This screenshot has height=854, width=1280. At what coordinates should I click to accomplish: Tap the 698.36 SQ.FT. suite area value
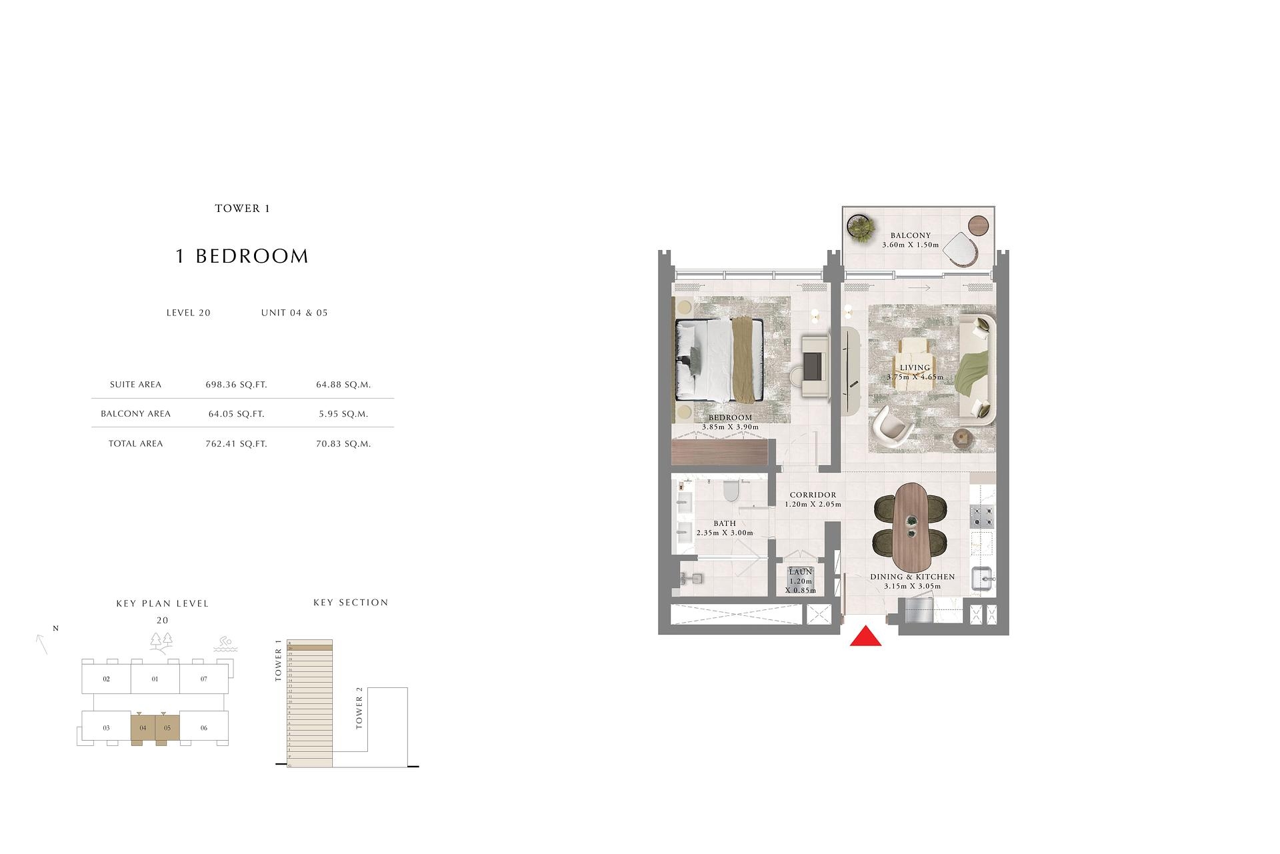point(236,385)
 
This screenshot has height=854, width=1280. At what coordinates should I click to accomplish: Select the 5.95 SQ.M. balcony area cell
point(343,414)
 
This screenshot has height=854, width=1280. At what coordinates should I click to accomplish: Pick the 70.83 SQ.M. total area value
point(343,444)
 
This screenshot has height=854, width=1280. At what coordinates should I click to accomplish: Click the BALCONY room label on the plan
point(910,235)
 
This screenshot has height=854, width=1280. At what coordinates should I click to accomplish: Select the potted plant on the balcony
point(861,227)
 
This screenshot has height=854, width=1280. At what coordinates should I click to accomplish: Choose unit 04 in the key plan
point(143,728)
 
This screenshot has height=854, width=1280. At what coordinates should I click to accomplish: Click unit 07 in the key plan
point(204,679)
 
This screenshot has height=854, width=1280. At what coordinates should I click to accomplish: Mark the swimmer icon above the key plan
point(226,645)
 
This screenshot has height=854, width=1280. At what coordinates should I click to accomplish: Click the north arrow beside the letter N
point(42,644)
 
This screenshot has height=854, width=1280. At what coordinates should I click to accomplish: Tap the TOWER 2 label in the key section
point(359,713)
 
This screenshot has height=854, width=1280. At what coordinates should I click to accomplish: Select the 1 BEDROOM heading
point(242,257)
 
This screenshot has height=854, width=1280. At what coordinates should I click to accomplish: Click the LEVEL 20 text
point(189,313)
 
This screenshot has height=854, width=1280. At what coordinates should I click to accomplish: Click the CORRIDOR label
point(813,495)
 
